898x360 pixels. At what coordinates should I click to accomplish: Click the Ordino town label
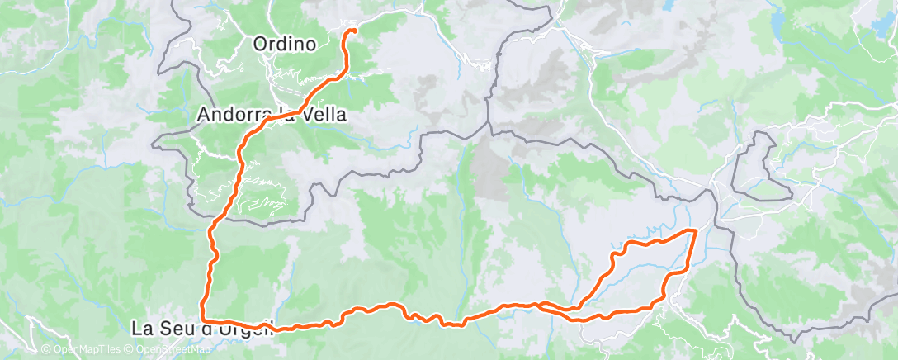pyautogui.click(x=285, y=44)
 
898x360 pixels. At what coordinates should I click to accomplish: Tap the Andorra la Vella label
pyautogui.click(x=272, y=116)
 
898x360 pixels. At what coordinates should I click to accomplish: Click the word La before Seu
pyautogui.click(x=140, y=329)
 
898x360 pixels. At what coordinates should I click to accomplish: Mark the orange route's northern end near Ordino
pyautogui.click(x=353, y=31)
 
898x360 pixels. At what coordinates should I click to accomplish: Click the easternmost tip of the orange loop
pyautogui.click(x=696, y=231)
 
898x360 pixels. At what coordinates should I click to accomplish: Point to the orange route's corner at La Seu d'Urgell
pyautogui.click(x=203, y=320)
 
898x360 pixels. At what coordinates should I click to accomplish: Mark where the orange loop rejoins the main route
pyautogui.click(x=541, y=305)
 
